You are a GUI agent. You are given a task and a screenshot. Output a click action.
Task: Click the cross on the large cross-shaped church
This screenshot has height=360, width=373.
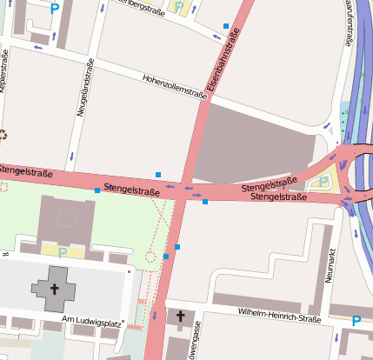click(54, 290)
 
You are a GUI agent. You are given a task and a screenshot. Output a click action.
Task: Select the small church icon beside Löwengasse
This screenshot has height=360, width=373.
click(181, 315)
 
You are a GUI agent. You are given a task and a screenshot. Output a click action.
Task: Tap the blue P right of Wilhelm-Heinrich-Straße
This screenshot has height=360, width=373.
click(356, 321)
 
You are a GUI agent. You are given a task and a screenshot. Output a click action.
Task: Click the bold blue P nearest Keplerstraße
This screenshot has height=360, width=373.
click(55, 10)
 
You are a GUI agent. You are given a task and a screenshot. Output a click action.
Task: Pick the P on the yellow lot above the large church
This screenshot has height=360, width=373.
click(63, 251)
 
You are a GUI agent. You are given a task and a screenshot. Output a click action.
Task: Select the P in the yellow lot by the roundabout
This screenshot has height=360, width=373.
click(324, 183)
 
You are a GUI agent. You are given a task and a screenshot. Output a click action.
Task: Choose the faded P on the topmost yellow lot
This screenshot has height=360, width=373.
click(179, 7)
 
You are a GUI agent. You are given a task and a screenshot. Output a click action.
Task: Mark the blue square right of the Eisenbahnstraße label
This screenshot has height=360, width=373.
click(226, 26)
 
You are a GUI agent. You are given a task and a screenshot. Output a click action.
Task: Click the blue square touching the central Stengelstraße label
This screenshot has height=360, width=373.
click(97, 190)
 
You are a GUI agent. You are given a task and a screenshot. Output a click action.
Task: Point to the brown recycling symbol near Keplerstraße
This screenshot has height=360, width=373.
click(3, 135)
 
